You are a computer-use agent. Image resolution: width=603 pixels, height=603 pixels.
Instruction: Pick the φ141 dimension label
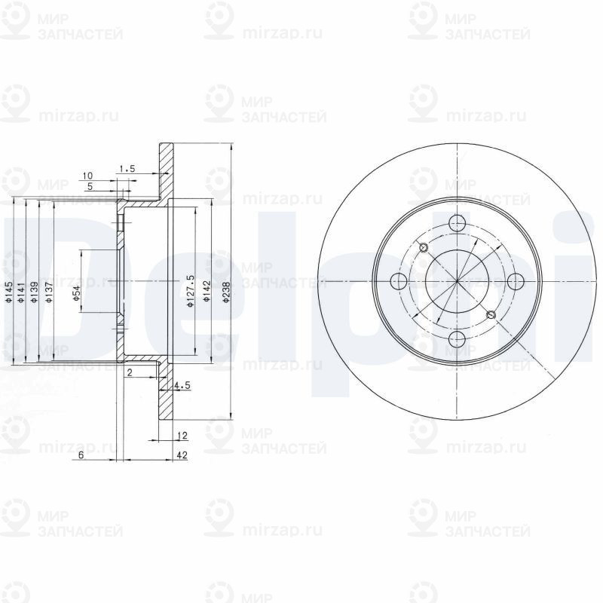pyautogui.click(x=22, y=292)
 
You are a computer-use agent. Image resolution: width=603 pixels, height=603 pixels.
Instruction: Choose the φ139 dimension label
pyautogui.click(x=35, y=292)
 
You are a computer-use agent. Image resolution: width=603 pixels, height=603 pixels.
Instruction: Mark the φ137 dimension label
pyautogui.click(x=47, y=292)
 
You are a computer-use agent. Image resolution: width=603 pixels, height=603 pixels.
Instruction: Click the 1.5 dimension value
pyautogui.click(x=127, y=170)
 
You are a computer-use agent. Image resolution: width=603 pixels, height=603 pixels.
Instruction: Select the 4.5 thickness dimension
pyautogui.click(x=182, y=386)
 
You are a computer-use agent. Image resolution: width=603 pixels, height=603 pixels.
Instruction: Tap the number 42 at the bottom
pyautogui.click(x=181, y=456)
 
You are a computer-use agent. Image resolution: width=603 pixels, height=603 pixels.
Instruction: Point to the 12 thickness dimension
pyautogui.click(x=181, y=436)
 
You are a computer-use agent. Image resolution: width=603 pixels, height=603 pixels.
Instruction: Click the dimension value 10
pyautogui.click(x=88, y=176)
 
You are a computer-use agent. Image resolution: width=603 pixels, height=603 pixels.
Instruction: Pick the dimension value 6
pyautogui.click(x=80, y=456)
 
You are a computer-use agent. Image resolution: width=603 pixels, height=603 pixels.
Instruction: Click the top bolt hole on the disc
pyautogui.click(x=457, y=224)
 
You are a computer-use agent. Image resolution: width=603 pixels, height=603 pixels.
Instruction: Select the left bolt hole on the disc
pyautogui.click(x=399, y=282)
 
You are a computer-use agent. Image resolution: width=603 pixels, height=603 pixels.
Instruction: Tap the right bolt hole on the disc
pyautogui.click(x=515, y=281)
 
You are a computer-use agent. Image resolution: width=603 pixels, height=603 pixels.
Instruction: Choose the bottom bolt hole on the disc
pyautogui.click(x=457, y=339)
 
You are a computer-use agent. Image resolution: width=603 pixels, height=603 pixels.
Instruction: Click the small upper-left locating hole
pyautogui.click(x=423, y=248)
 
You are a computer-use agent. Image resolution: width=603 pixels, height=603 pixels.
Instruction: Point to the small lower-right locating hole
pyautogui.click(x=491, y=315)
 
